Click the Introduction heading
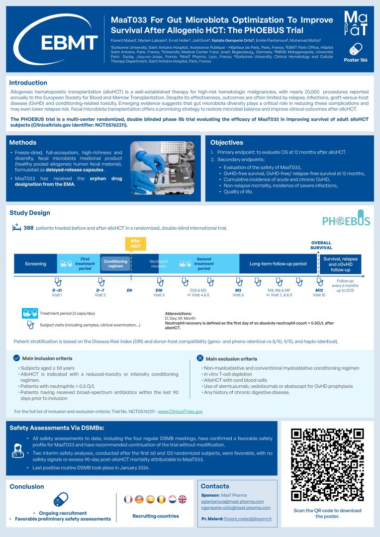[28, 83]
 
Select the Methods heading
[23, 142]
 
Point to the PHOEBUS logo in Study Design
[346, 220]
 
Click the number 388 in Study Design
[29, 228]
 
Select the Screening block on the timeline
[35, 264]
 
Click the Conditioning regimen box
[115, 264]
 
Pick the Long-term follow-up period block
[278, 264]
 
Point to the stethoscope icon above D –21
[57, 281]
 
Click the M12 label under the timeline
[319, 290]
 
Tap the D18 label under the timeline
[159, 290]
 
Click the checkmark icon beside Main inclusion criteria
[16, 358]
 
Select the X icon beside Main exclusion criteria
[200, 358]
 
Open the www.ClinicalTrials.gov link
[180, 412]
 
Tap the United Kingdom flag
[182, 499]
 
